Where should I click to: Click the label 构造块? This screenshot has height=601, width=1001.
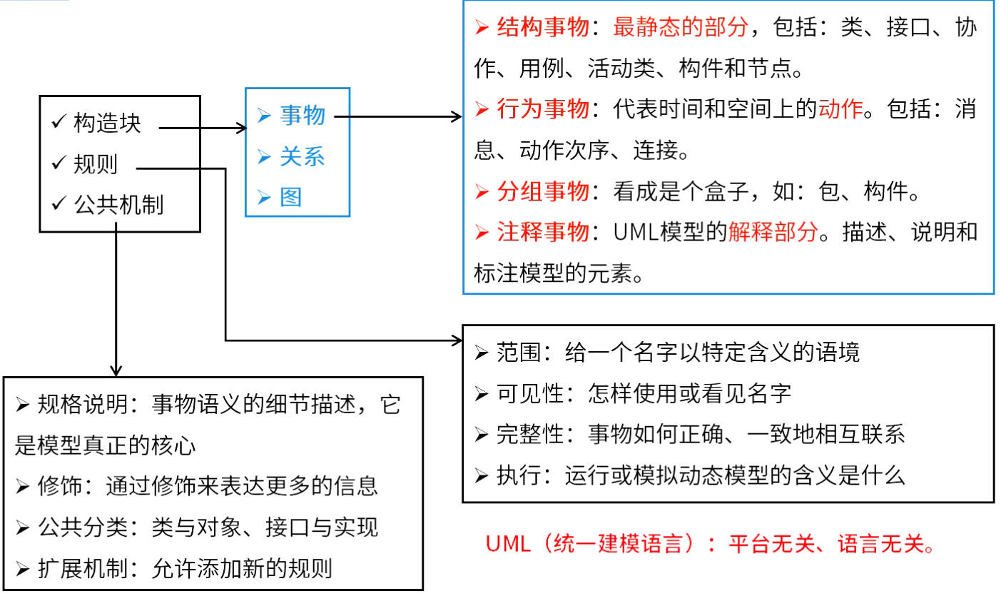(107, 123)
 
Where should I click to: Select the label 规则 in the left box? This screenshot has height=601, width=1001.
(96, 164)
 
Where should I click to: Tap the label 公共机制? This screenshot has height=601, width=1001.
(119, 205)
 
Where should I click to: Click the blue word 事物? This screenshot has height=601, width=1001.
(303, 116)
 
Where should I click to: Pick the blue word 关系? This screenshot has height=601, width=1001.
(303, 156)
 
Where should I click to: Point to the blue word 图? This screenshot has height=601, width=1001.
(291, 197)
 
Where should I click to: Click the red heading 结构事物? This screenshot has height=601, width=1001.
(543, 27)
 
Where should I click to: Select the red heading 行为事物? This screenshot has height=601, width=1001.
(543, 108)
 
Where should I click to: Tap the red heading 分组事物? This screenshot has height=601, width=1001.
(543, 191)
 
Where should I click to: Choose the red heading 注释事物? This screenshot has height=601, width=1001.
(543, 232)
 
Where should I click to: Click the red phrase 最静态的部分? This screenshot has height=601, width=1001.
(681, 27)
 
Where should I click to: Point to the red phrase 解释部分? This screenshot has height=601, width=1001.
(773, 232)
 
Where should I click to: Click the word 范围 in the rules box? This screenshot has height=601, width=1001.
(519, 353)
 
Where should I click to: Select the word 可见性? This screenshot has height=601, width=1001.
(530, 393)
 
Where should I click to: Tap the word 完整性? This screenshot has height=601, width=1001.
(530, 434)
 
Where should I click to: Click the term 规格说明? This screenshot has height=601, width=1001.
(83, 405)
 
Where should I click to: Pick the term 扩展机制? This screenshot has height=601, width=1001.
(83, 568)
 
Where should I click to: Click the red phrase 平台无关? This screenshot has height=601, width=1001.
(772, 544)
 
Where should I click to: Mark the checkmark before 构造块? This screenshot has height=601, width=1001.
(59, 121)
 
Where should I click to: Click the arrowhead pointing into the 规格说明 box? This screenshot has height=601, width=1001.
(116, 371)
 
